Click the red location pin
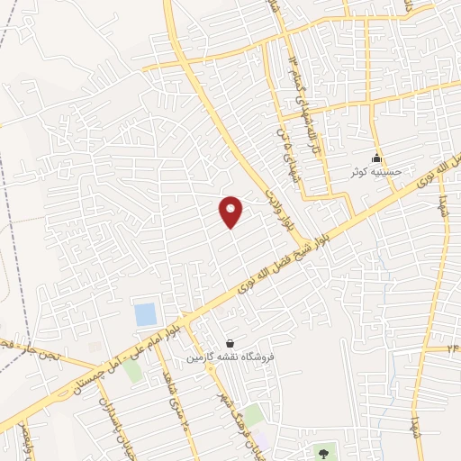click(x=231, y=211)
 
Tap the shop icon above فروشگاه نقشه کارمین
click(x=230, y=343)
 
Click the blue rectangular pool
click(x=144, y=315)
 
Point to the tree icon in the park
click(x=323, y=451)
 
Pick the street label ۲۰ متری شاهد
click(x=176, y=414)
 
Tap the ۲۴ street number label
click(x=453, y=348)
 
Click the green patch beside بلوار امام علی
click(x=133, y=370)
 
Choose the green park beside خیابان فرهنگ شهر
click(x=255, y=414)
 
